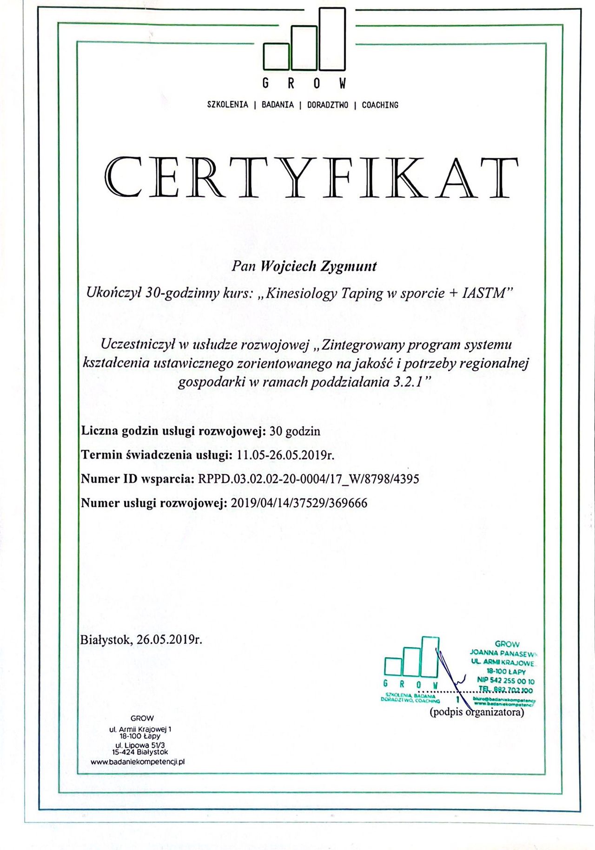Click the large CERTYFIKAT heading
[311, 178]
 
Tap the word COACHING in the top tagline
[380, 105]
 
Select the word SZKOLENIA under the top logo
[227, 105]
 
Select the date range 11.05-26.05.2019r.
[285, 455]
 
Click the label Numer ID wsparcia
[137, 478]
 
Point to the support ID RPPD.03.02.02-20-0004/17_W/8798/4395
[308, 478]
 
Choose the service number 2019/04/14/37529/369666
[298, 503]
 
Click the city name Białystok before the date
[106, 640]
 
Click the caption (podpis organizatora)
[476, 712]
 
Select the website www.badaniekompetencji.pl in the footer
[138, 762]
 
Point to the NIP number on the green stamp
[506, 680]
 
